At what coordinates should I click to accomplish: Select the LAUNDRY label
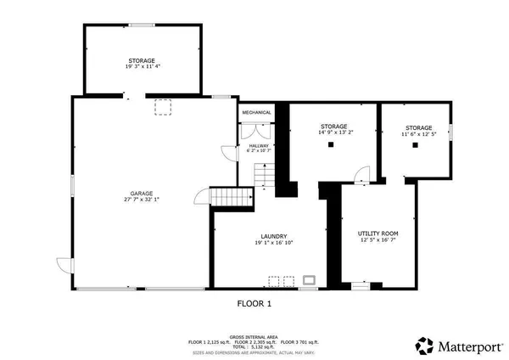(273, 236)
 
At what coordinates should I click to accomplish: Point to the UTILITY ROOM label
(378, 233)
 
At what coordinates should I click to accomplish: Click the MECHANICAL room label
(256, 113)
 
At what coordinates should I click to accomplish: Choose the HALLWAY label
(259, 145)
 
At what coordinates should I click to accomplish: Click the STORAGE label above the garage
(141, 60)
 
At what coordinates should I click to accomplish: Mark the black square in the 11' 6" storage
(416, 145)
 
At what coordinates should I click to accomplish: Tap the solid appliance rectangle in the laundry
(310, 279)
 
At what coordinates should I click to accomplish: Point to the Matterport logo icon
(424, 345)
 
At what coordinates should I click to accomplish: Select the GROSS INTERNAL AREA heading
(254, 336)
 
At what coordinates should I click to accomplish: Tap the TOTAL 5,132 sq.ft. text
(254, 346)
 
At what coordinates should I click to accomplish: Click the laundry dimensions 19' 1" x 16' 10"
(273, 243)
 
